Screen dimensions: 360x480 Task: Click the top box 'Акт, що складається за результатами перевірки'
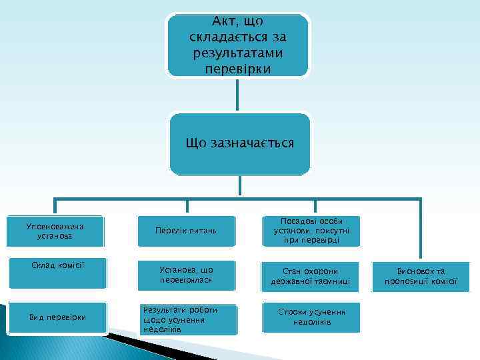click(238, 45)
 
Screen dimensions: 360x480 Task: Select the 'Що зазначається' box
click(239, 144)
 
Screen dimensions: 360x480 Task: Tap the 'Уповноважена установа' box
click(57, 231)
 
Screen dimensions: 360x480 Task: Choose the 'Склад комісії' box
click(57, 273)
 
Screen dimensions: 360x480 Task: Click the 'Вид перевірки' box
click(57, 316)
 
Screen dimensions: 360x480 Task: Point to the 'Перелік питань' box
click(186, 231)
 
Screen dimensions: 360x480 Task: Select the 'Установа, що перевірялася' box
click(186, 275)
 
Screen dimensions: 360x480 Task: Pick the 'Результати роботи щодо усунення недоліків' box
click(186, 320)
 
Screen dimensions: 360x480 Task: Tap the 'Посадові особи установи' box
click(311, 231)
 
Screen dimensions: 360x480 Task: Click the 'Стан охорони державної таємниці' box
click(311, 276)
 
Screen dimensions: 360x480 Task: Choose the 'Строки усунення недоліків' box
click(311, 318)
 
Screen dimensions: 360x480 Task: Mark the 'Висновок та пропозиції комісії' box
click(420, 276)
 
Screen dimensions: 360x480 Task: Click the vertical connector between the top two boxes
click(237, 94)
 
